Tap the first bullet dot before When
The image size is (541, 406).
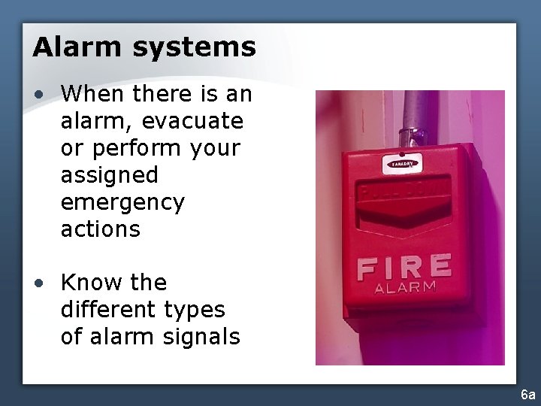40,94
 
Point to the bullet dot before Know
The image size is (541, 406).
40,283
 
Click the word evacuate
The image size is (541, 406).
192,121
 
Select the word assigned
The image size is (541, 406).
110,176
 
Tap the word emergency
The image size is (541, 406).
122,203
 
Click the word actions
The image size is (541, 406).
101,229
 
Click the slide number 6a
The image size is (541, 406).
528,394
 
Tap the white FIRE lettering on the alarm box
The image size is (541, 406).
403,268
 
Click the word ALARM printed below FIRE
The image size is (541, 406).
405,288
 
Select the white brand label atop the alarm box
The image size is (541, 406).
403,163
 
